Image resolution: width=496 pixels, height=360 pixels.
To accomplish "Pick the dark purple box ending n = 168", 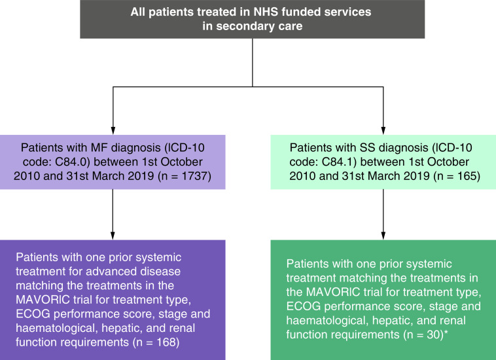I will (113, 299).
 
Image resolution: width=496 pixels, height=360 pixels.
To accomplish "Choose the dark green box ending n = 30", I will (383, 299).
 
